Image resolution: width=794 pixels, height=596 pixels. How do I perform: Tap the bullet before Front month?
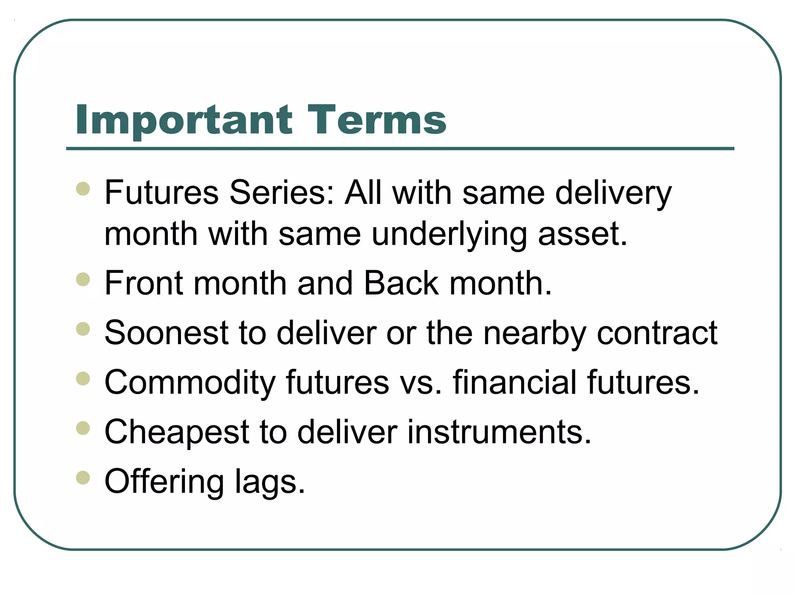(x=83, y=279)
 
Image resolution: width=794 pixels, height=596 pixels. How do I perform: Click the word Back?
(x=401, y=283)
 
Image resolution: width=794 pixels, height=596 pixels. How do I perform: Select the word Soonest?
(x=167, y=333)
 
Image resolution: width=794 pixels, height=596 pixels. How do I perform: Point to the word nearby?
(x=534, y=333)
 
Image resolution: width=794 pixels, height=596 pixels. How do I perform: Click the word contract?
(x=657, y=333)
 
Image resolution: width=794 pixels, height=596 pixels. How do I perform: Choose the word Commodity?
(x=190, y=383)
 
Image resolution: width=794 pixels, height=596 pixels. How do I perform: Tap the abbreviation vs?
(x=420, y=383)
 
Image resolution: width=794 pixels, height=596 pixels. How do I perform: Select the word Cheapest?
(x=177, y=432)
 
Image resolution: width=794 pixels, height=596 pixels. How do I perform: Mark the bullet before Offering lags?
(x=83, y=478)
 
